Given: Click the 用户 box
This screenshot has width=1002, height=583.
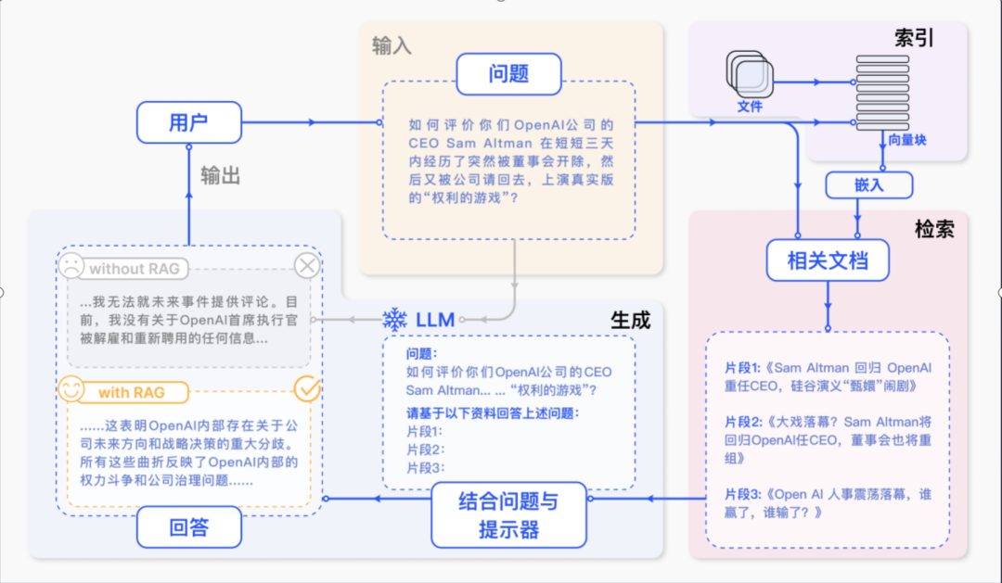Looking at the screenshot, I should [189, 122].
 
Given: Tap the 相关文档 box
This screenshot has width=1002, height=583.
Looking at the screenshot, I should [828, 260].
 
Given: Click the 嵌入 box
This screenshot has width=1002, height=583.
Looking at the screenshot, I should [869, 185].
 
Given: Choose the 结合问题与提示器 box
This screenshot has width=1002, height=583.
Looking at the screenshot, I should [509, 516].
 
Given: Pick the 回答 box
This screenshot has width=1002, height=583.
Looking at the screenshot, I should [189, 528].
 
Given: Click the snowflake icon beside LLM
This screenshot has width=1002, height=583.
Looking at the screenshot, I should [395, 320].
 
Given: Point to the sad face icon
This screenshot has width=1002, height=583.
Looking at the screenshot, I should [71, 267].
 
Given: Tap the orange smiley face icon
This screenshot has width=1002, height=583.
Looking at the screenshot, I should [71, 390].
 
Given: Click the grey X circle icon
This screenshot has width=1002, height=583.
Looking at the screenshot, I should [307, 267].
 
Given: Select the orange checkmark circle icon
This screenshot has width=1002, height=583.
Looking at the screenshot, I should [306, 389].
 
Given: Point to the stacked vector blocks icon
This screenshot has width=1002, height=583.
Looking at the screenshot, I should [882, 93].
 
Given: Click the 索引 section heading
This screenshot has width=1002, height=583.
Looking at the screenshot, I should [914, 38].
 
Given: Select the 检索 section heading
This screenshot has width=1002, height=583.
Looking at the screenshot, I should [933, 229].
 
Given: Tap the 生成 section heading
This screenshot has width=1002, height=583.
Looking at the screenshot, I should [630, 320].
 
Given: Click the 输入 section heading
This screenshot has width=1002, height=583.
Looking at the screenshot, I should [392, 45].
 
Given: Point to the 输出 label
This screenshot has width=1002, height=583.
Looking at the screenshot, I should [221, 175].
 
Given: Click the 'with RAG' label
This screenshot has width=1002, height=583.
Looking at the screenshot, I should [131, 392].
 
